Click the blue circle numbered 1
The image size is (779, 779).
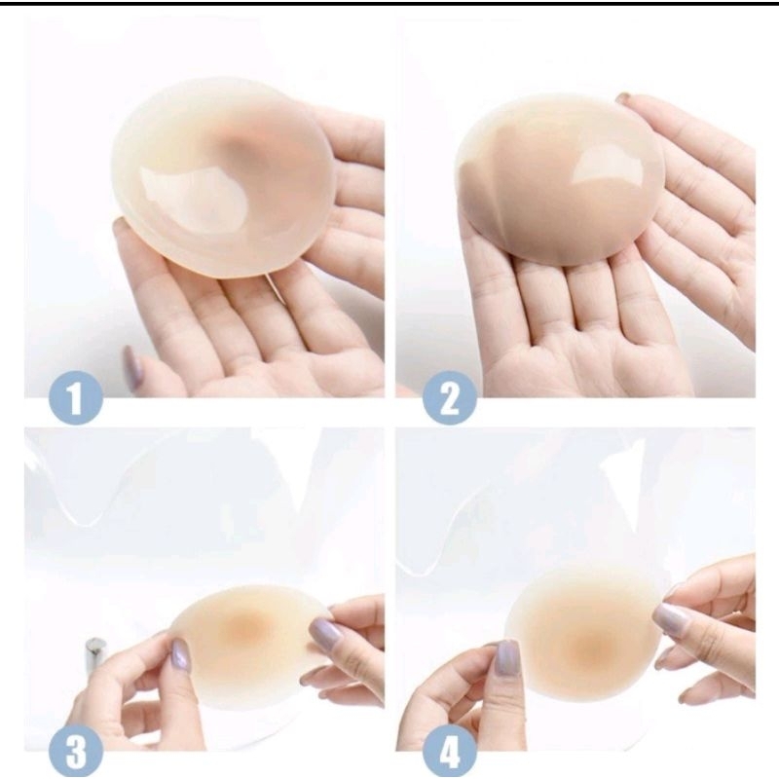pos(75,397)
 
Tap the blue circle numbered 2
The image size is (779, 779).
pos(449,397)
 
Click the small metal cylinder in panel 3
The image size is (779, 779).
pos(95,653)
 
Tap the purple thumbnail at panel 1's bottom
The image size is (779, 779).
pos(132,367)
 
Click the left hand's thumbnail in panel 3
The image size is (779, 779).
pos(180,653)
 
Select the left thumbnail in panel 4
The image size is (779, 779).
pos(506,656)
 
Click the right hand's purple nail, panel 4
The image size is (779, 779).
pos(671,619)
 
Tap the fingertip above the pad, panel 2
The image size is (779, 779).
pos(623,97)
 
